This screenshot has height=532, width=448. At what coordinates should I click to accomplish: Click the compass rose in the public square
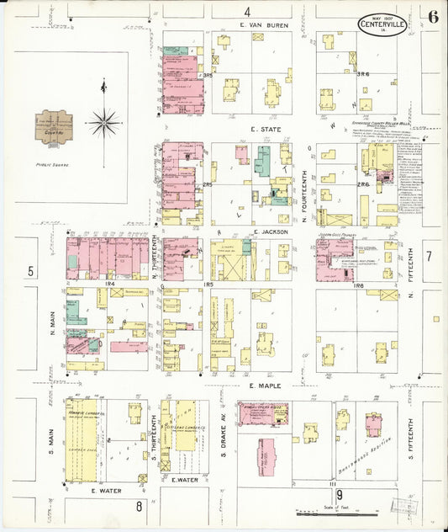[103, 123]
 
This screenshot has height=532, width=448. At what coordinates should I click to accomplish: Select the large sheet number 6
[431, 17]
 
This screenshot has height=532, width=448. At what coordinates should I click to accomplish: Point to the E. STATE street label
[265, 130]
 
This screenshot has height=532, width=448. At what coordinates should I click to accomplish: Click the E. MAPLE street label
[263, 386]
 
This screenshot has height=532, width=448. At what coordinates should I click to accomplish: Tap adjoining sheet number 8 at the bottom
[138, 507]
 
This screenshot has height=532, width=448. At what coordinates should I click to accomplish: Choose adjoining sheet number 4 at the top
[247, 12]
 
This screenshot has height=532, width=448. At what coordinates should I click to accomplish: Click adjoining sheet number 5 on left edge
[30, 271]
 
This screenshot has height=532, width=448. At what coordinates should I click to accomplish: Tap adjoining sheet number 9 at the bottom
[340, 494]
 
